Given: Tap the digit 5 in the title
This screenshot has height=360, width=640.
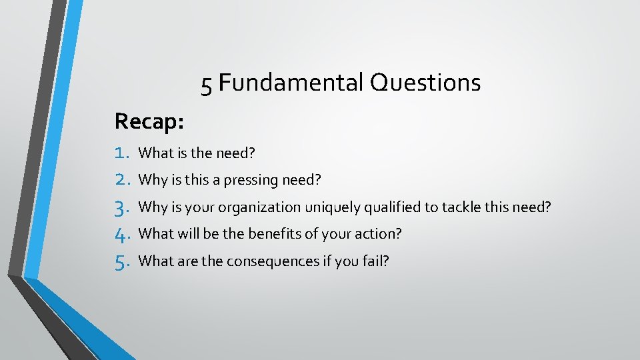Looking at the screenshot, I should coord(207,85).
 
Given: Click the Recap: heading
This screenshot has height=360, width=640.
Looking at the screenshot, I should coord(149,121).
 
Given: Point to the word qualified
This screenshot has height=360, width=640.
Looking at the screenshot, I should coord(391,207).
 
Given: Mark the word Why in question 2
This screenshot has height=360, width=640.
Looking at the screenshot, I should coord(151,181).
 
